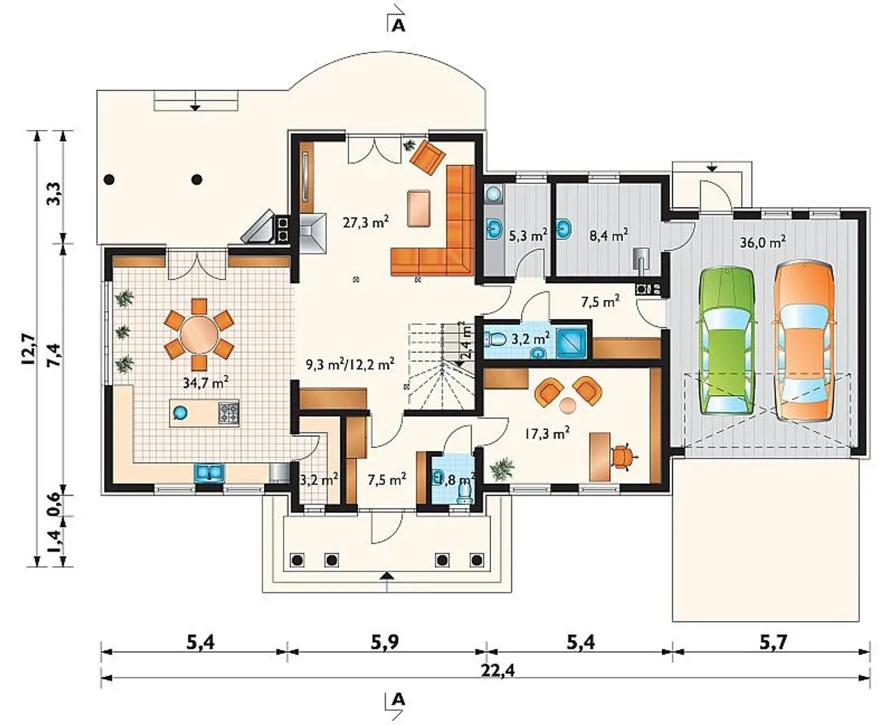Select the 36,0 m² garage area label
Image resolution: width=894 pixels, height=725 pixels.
coord(763,243)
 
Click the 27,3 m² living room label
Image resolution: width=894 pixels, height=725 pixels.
coord(365,222)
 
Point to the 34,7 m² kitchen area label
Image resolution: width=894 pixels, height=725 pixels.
coord(205,382)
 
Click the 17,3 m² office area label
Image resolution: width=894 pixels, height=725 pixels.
coord(547,433)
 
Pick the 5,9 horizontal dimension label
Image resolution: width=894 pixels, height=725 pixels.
coord(385,643)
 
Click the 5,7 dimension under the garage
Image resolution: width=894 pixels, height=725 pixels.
coord(772,643)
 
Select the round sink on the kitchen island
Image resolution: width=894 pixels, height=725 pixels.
coord(181,413)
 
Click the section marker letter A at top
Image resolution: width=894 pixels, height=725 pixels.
coord(398,26)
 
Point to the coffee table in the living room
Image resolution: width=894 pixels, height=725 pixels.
coord(418,209)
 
